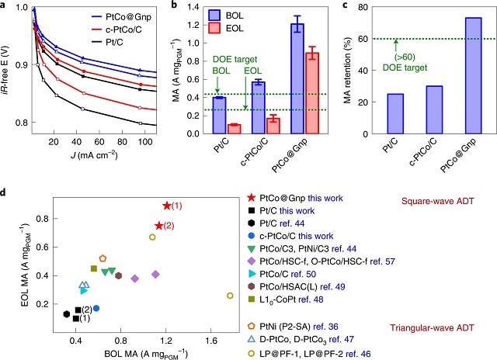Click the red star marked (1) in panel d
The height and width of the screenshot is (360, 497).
(166, 206)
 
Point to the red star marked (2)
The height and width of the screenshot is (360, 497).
(158, 225)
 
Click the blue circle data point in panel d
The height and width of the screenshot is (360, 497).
(96, 308)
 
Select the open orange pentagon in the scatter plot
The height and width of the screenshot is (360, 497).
(103, 258)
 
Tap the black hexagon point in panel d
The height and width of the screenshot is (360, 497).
(67, 313)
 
